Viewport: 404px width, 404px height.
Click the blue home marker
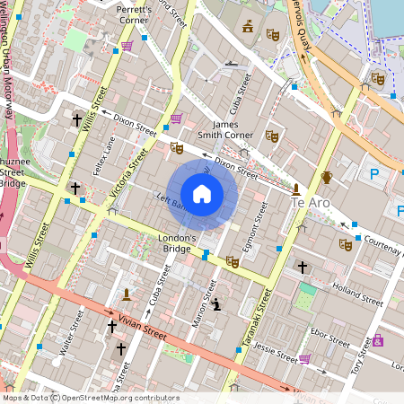(x=202, y=193)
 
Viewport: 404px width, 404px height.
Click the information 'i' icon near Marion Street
(x=216, y=304)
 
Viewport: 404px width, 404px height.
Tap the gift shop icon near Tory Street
(x=378, y=340)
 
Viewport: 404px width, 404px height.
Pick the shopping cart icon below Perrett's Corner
(x=127, y=45)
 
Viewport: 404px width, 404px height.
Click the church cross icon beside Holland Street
(x=303, y=268)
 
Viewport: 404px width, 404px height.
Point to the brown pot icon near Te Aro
(x=327, y=177)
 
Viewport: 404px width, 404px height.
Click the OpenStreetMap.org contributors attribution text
(x=122, y=397)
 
